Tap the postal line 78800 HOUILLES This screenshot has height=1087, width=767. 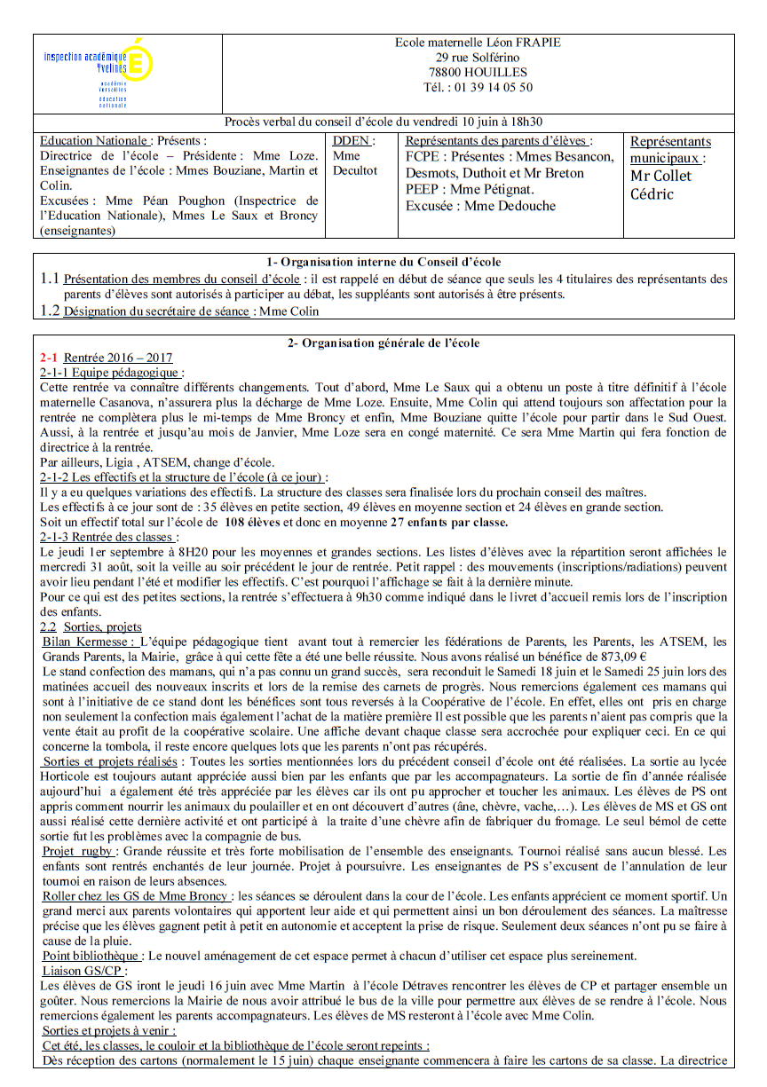tap(477, 72)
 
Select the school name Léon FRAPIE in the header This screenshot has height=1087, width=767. tap(522, 42)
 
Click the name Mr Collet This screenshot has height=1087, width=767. tap(660, 176)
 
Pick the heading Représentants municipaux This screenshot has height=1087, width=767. tap(669, 149)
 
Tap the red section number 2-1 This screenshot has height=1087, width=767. tap(49, 357)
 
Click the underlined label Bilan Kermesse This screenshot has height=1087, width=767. tap(89, 642)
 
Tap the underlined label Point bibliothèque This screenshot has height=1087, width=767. tap(91, 956)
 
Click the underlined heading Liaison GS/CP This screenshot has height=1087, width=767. tap(79, 971)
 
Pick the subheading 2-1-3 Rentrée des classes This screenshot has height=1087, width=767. tap(108, 537)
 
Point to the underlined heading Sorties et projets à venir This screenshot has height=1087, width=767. tap(108, 1030)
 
